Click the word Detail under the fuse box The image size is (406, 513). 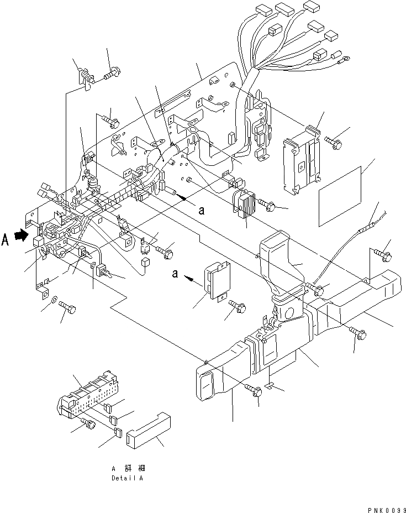119,478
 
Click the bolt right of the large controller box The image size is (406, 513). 335,143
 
